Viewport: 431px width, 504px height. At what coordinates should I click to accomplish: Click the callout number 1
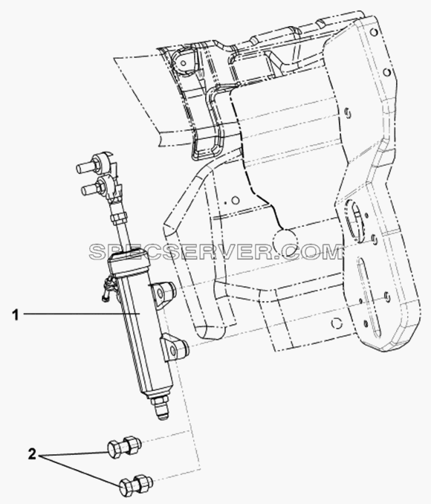pyautogui.click(x=16, y=315)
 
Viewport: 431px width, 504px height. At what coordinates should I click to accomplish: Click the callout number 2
pyautogui.click(x=31, y=454)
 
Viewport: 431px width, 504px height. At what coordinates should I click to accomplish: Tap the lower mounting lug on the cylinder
pyautogui.click(x=175, y=347)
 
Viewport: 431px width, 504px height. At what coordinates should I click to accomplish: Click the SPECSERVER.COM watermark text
pyautogui.click(x=215, y=251)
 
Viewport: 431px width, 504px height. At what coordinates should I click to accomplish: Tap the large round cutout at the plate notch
pyautogui.click(x=285, y=241)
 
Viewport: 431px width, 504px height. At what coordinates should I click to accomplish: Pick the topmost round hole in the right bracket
pyautogui.click(x=373, y=33)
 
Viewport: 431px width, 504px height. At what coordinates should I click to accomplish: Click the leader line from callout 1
pyautogui.click(x=81, y=314)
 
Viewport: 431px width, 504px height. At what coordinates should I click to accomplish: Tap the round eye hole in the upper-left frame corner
pyautogui.click(x=184, y=62)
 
